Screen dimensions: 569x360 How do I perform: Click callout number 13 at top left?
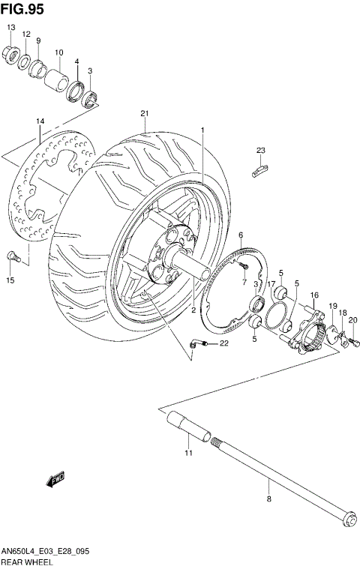point(11,28)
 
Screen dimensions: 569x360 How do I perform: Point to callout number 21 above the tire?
point(143,114)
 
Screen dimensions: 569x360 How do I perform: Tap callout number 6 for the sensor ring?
point(241,235)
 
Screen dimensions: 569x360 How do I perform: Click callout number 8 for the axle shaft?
point(268,497)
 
